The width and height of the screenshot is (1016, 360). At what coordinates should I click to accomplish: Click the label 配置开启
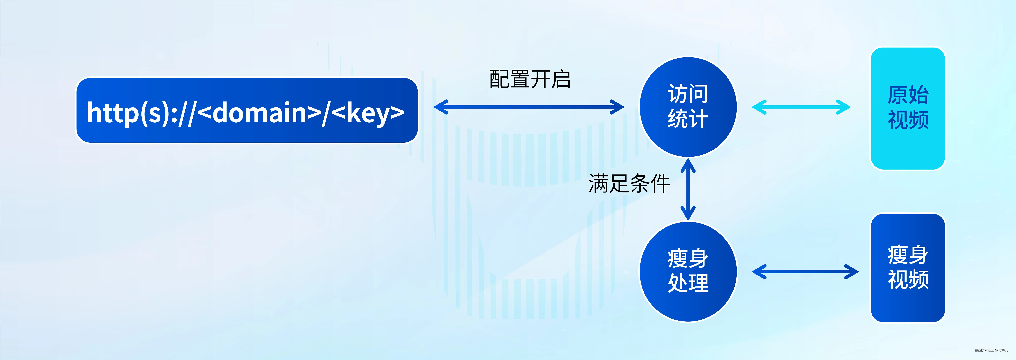[530, 79]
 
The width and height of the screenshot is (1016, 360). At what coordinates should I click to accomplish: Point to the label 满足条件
[629, 183]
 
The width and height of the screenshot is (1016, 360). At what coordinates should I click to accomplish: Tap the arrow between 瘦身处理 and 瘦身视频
[805, 272]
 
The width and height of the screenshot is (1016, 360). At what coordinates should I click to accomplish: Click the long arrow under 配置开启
[529, 107]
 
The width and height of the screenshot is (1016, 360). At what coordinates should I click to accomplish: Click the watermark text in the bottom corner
[991, 350]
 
